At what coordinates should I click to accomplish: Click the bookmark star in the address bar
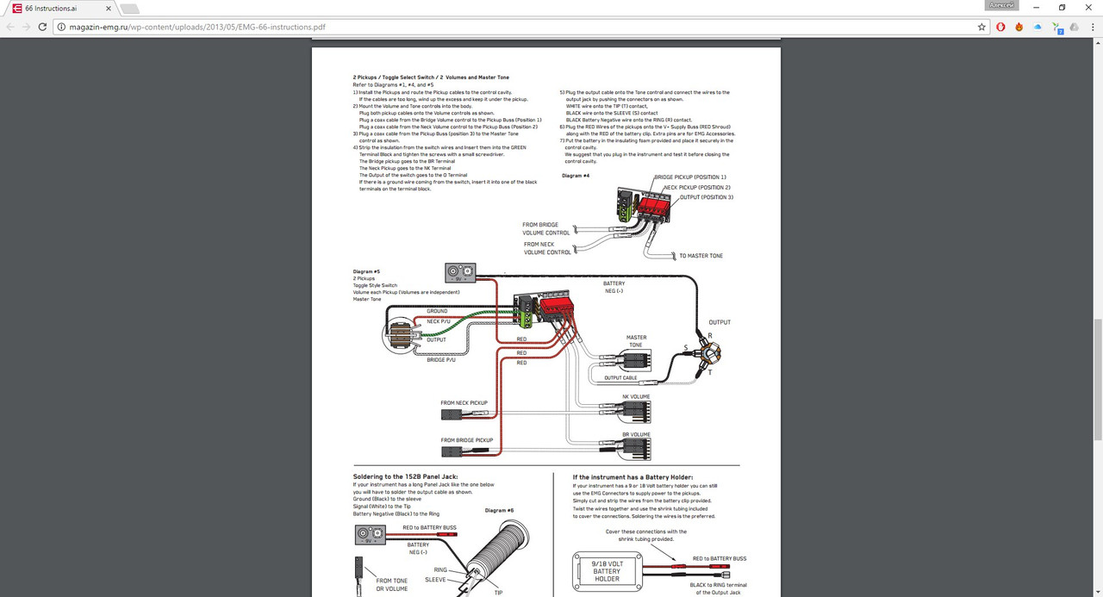pos(981,27)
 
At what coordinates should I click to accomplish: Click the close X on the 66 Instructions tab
pos(107,8)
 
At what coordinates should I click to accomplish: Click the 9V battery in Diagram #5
pos(460,273)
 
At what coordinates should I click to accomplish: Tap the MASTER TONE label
pos(637,341)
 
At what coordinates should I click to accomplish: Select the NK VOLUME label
pos(636,397)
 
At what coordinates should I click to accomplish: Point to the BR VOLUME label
pos(636,434)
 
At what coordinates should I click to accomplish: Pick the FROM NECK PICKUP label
pos(464,402)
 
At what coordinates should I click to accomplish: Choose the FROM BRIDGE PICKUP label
pos(466,440)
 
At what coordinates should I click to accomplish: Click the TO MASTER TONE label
pos(701,256)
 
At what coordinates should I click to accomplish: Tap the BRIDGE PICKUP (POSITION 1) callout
pos(689,177)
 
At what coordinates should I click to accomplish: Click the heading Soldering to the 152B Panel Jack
pos(405,476)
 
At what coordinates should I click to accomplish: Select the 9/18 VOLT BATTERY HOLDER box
pos(607,570)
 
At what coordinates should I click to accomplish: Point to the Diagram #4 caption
pos(575,175)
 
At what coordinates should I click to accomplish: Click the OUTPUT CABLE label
pos(620,377)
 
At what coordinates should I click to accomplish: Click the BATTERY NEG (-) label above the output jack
pos(614,287)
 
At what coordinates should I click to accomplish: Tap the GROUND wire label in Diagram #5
pos(437,311)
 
